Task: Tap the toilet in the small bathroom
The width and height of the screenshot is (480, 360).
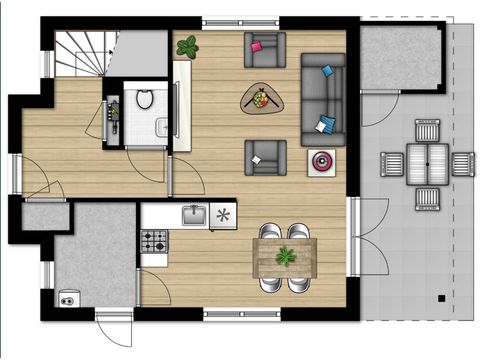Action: point(144,98)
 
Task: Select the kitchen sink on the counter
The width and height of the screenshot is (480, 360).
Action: point(193,214)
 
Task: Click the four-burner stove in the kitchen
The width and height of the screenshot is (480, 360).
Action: point(154,241)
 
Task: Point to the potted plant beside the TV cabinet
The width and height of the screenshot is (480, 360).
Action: point(187,46)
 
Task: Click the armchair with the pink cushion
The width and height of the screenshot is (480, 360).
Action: point(265,48)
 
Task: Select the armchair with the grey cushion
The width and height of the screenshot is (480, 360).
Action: point(266,158)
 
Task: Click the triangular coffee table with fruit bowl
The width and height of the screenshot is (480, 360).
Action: point(262,98)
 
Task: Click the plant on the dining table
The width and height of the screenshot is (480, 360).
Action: point(286,256)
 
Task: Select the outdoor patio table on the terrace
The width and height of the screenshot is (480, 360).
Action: point(426,161)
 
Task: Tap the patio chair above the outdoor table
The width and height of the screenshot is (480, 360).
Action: point(427,129)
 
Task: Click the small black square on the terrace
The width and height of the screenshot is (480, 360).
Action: point(439,297)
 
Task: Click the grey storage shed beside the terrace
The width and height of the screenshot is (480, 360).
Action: point(400,58)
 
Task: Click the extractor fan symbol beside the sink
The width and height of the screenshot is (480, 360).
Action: point(223,214)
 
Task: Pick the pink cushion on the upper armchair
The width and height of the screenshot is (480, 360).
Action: point(257,45)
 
